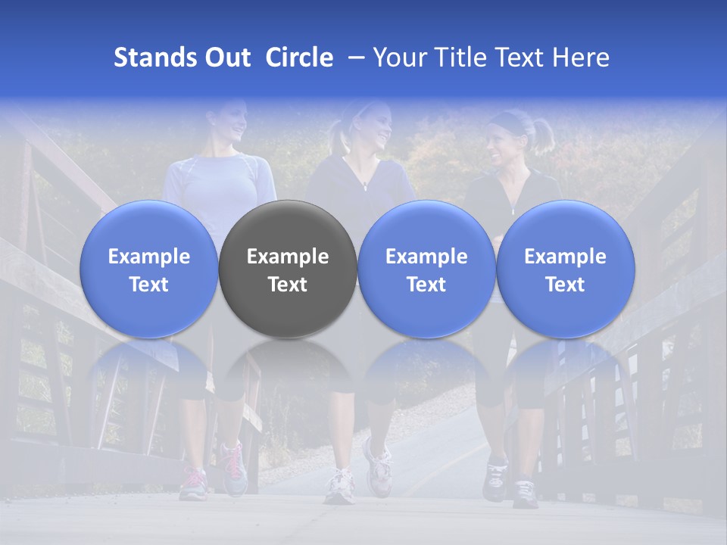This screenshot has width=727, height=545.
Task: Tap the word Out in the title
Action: click(x=226, y=58)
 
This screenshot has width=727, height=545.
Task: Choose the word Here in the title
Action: click(x=582, y=58)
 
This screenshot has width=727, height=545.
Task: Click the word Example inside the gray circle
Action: click(x=288, y=257)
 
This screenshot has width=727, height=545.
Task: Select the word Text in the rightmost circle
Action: click(x=565, y=285)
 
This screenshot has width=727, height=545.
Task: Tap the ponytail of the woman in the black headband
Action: click(x=543, y=134)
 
